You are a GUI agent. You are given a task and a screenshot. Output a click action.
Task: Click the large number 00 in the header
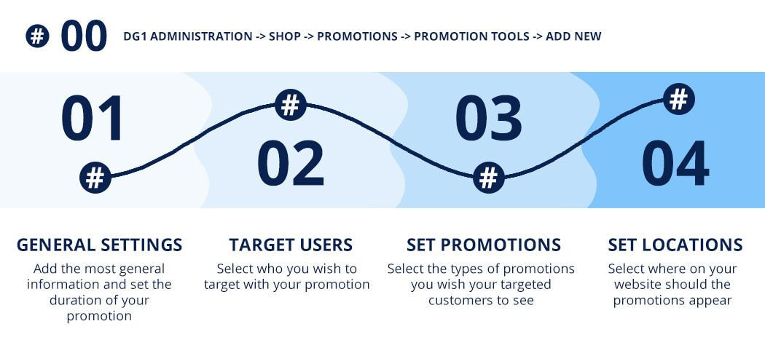84,36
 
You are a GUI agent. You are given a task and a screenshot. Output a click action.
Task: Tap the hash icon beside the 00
38,36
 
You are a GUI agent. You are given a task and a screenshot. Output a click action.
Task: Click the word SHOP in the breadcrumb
284,36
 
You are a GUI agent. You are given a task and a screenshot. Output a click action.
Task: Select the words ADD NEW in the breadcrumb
573,36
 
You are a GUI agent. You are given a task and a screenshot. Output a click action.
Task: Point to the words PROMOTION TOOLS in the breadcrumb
472,36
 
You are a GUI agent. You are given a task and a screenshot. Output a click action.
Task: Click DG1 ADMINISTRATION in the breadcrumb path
188,36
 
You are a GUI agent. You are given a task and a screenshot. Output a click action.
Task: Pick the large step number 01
93,119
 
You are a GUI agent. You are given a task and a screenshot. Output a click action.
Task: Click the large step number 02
291,163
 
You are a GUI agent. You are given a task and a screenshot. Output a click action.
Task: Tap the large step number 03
488,119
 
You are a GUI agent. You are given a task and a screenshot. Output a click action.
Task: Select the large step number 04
675,163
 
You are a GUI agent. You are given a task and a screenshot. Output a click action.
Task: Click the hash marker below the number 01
95,178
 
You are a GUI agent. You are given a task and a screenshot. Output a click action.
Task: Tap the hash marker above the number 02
290,105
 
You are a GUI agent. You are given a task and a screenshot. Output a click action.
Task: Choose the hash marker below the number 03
488,178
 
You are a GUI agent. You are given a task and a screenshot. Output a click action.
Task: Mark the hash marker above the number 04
678,99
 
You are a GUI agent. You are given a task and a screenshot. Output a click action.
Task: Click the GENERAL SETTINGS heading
100,245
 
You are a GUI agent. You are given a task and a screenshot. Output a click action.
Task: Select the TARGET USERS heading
291,245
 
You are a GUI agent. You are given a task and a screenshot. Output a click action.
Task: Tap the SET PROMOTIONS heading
484,245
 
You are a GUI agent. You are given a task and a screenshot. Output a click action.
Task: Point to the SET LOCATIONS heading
675,245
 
